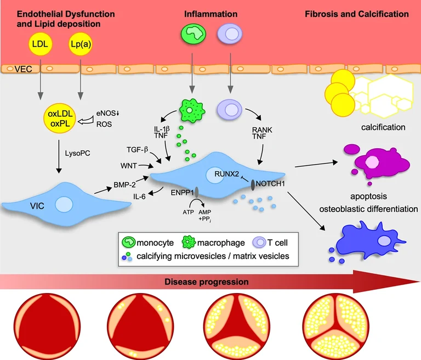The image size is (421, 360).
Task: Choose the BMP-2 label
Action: tap(126, 185)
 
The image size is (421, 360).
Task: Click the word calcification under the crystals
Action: tap(383, 127)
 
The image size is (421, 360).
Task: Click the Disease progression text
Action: tap(207, 282)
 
